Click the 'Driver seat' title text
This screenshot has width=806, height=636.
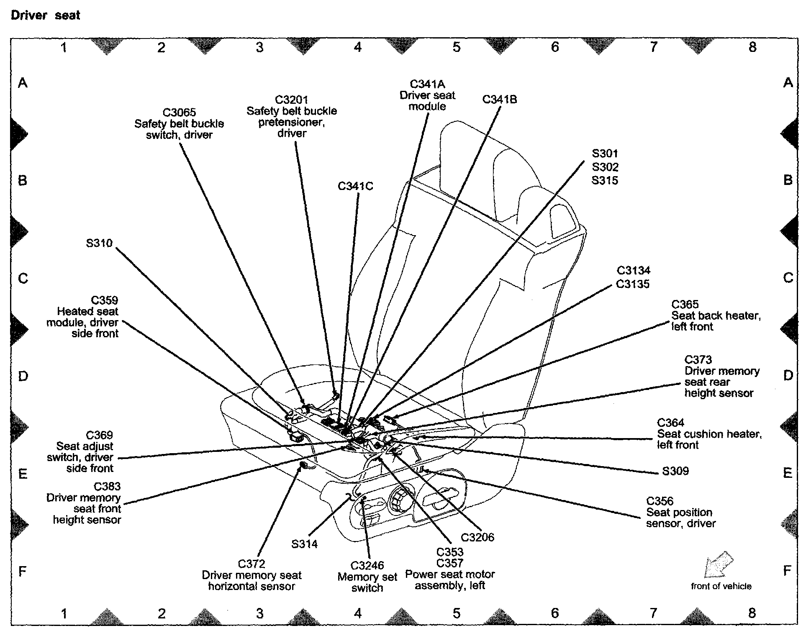point(45,15)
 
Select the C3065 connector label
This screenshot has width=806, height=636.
point(179,113)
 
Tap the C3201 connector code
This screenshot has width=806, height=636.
point(291,100)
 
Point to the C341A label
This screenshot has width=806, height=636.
point(427,84)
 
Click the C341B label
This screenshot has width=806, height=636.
point(499,100)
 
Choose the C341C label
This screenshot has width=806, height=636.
point(355,186)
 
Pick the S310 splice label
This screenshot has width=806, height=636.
point(99,243)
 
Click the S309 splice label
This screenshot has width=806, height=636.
point(675,471)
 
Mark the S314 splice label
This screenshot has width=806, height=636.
point(304,544)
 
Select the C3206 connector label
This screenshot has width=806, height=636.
point(477,537)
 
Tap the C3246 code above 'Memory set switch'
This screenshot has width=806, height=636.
point(367,566)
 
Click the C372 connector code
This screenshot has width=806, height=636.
point(252,564)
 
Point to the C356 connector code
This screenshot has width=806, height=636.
point(660,501)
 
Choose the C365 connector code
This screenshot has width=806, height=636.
point(685,305)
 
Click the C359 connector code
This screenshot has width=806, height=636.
point(105,300)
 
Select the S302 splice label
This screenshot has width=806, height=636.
point(605,167)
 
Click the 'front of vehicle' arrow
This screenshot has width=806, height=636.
point(719,564)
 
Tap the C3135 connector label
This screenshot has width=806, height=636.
point(633,284)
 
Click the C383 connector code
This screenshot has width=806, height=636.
point(107,487)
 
